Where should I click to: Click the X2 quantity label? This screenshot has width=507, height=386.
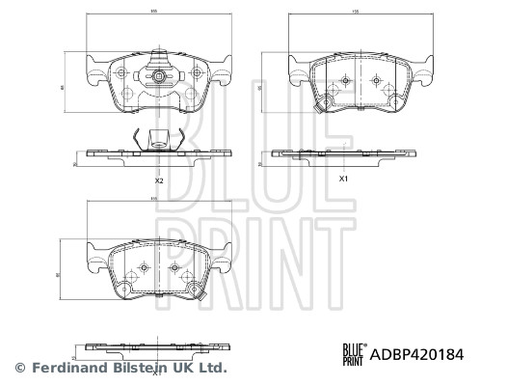coord(160,179)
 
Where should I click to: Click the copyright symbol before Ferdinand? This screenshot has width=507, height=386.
coord(18,368)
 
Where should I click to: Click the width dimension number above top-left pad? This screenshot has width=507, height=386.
coord(153,12)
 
